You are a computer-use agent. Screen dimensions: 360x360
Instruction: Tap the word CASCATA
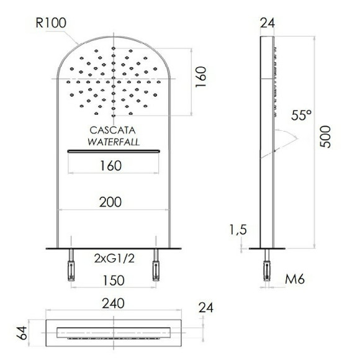click(112, 130)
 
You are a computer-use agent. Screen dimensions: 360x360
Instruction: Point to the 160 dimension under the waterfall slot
click(109, 166)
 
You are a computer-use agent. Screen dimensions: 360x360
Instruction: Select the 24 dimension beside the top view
click(207, 308)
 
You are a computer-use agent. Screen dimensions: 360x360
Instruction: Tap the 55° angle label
click(301, 115)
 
